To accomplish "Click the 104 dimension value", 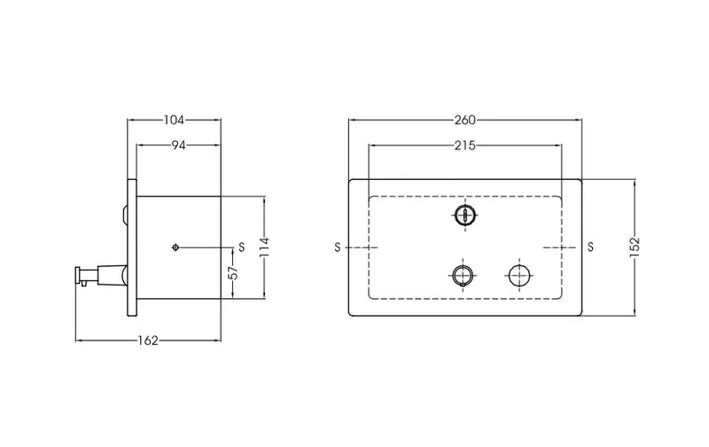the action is (x=174, y=120).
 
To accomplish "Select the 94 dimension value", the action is (x=179, y=145).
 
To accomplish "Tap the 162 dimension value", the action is (x=148, y=341).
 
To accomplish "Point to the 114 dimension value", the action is (x=265, y=247).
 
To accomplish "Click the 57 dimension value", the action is (x=232, y=273).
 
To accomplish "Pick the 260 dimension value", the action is (x=464, y=120).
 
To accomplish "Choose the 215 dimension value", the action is (x=464, y=145).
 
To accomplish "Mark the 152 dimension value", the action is (x=635, y=247).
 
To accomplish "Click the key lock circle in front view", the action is (x=464, y=215).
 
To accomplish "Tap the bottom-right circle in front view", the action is (x=519, y=275).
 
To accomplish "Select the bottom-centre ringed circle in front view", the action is (x=463, y=275).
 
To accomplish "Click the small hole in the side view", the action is (x=175, y=247).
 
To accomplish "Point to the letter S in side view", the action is (x=241, y=247).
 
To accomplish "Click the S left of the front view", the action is (x=337, y=247).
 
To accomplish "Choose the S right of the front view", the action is (x=590, y=247).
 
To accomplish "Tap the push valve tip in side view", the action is (x=78, y=276).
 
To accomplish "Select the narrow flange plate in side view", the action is (x=132, y=247).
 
